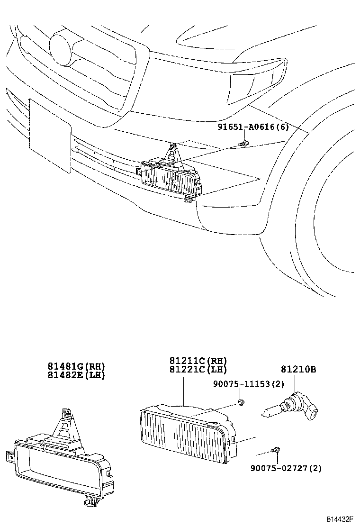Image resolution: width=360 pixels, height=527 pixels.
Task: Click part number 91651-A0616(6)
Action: (x=253, y=127)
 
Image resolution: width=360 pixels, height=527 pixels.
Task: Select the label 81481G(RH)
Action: (x=76, y=366)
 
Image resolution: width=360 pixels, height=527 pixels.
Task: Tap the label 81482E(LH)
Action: (x=76, y=375)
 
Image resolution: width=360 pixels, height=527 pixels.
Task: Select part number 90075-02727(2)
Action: (x=286, y=468)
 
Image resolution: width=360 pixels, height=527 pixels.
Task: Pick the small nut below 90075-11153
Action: (x=241, y=403)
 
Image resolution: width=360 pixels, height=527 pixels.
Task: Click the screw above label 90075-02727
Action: (x=277, y=448)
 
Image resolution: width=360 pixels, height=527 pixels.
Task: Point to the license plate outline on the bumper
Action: (x=50, y=126)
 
